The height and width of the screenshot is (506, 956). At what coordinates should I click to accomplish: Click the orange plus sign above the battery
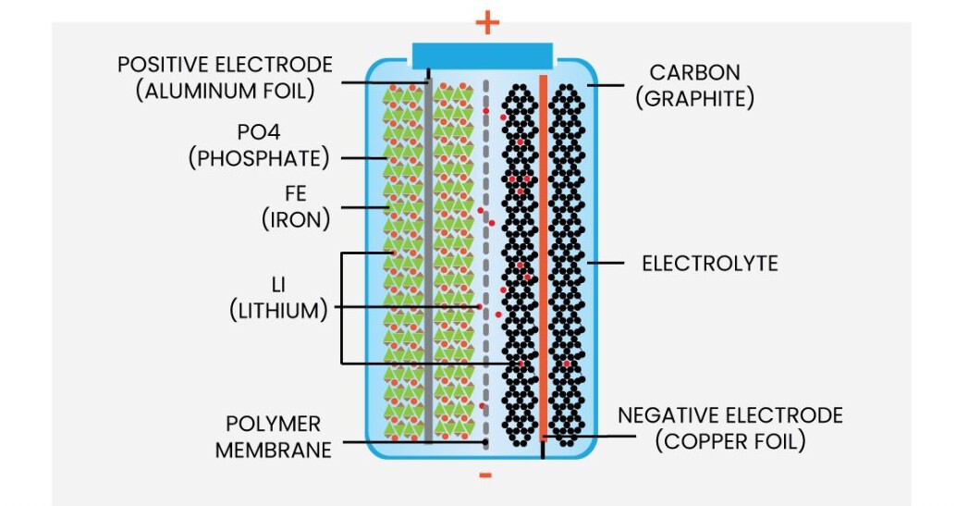click(x=486, y=23)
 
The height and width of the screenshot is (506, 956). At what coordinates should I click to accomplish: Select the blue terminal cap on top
click(x=483, y=55)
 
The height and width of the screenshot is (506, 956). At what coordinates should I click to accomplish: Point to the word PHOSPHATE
click(x=259, y=158)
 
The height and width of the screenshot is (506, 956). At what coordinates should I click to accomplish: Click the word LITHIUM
click(x=278, y=310)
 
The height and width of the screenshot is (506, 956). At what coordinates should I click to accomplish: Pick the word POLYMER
click(x=274, y=425)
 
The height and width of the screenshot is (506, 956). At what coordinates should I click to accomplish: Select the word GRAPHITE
click(x=694, y=97)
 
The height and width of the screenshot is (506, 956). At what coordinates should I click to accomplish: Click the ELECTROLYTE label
click(x=710, y=264)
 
